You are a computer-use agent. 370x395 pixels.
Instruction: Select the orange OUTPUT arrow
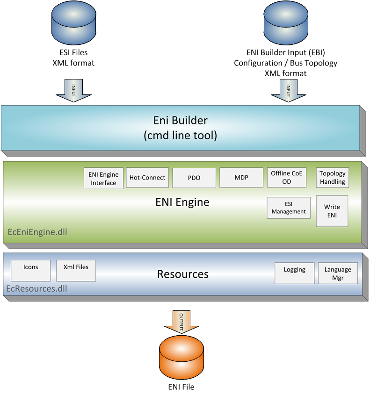[x=181, y=322]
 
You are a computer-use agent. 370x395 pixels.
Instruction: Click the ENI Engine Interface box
[x=103, y=178]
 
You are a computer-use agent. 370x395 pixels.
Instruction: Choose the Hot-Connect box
[x=147, y=178]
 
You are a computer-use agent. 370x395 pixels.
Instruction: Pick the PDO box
[x=194, y=178]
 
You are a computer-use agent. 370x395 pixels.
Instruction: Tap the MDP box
[x=241, y=178]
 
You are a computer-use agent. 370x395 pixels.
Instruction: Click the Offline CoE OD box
[x=287, y=178]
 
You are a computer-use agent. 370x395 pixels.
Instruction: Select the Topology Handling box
[x=333, y=178]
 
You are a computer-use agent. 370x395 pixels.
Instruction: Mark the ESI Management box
[x=289, y=208]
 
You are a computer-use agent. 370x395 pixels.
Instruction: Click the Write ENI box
[x=332, y=211]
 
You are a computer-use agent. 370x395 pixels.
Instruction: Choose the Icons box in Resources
[x=30, y=271]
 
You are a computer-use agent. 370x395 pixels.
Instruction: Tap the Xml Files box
[x=76, y=271]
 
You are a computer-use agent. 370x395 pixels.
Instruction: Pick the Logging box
[x=294, y=273]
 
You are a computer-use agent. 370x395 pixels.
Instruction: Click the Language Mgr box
[x=338, y=273]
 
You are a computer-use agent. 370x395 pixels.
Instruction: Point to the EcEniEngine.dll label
[x=37, y=232]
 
